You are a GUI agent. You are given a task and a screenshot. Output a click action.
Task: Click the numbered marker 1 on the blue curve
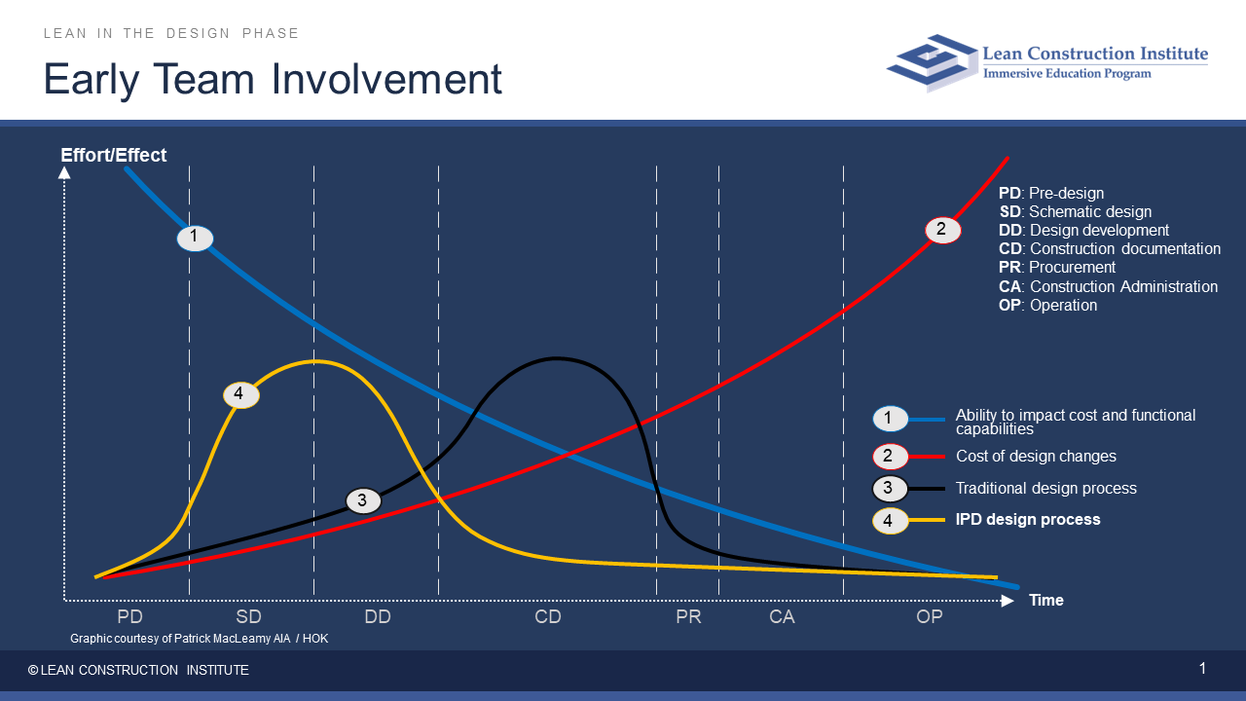(x=195, y=239)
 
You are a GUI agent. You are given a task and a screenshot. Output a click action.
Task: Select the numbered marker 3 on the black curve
(x=363, y=500)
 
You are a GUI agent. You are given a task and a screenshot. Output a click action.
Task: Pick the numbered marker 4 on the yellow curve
(x=240, y=395)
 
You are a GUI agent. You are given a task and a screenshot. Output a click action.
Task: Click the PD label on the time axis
(x=130, y=616)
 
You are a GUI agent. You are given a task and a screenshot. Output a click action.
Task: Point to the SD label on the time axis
(x=248, y=616)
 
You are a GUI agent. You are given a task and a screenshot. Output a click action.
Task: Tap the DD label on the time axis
(x=378, y=616)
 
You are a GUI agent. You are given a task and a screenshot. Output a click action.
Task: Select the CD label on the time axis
(x=548, y=616)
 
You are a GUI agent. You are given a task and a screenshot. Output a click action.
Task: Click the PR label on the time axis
(x=688, y=616)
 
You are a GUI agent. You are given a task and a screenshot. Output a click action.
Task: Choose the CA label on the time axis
(x=782, y=616)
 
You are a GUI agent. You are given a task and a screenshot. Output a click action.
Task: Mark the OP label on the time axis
(x=930, y=616)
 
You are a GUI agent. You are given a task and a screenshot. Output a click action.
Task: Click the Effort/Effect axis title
(x=114, y=155)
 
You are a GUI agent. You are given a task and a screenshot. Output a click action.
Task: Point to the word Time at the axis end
(x=1046, y=601)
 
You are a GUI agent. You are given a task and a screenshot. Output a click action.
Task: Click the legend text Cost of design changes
(x=1036, y=457)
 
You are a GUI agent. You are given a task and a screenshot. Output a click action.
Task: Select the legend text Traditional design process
(x=1045, y=488)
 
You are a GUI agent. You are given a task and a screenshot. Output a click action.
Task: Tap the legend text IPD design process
(x=1028, y=520)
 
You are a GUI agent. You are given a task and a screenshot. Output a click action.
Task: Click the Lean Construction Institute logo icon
(x=932, y=62)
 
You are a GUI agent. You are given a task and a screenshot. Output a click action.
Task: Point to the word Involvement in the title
(x=386, y=80)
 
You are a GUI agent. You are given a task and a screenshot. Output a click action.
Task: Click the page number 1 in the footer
(x=1202, y=669)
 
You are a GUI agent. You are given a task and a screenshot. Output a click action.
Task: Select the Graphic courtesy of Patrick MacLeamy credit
(x=200, y=639)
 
